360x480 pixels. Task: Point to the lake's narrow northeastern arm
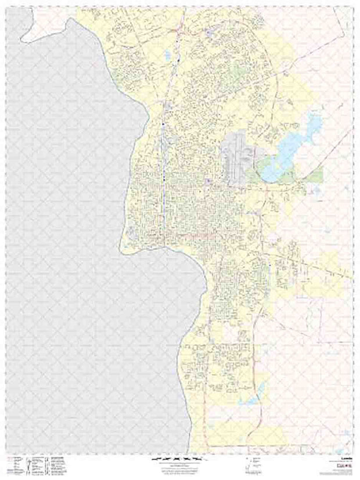click(314, 123)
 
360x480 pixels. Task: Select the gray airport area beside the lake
click(235, 160)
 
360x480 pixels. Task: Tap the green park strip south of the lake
click(311, 175)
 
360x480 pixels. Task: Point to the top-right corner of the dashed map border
click(353, 7)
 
